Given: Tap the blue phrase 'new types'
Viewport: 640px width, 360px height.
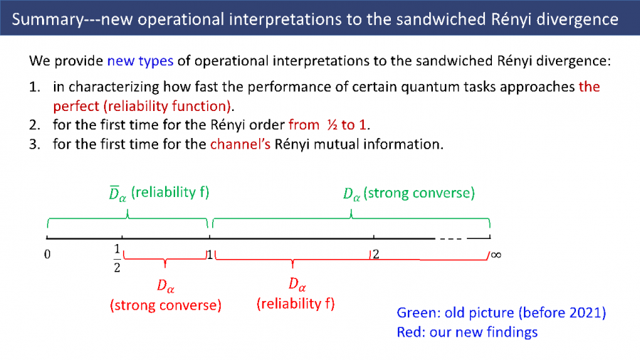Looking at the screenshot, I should click(x=140, y=60).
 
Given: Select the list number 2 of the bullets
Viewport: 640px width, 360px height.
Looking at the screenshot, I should click(x=33, y=125).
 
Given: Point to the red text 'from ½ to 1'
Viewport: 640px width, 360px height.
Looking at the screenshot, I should click(x=330, y=125).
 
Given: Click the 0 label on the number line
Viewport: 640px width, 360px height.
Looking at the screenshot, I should click(x=46, y=254).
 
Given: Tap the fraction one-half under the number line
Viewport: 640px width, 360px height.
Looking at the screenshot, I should click(x=117, y=258).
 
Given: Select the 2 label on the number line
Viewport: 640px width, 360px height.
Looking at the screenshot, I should click(x=377, y=254).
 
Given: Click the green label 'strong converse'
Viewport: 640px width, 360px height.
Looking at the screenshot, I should click(x=419, y=193).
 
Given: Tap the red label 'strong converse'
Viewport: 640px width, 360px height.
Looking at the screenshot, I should click(x=165, y=305).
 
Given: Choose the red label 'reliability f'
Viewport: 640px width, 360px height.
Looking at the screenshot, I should click(x=295, y=304).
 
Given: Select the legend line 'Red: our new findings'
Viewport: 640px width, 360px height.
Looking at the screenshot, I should click(x=467, y=332).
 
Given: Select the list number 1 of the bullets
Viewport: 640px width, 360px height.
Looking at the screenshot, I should click(x=33, y=87).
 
